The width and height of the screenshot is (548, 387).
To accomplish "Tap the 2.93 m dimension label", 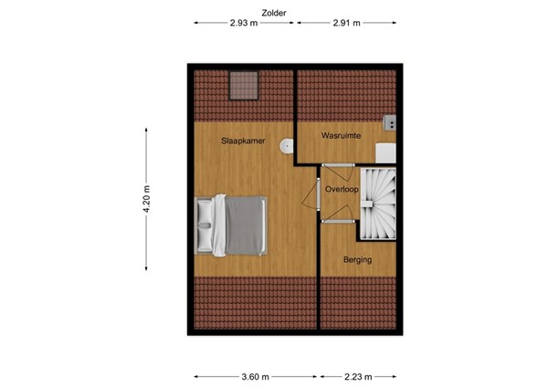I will tap(245, 25).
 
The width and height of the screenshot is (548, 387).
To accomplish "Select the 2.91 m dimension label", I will tap(346, 25).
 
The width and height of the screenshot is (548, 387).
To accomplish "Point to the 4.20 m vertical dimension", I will tap(146, 197).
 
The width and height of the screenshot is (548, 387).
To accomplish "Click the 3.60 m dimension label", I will tap(256, 375).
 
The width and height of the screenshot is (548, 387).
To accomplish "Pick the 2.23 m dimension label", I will tap(358, 375).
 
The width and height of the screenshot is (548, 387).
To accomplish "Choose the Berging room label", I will tap(357, 260).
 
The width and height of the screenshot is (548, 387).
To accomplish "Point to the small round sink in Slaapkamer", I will tap(289, 145).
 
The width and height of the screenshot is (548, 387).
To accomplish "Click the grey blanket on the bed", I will tap(244, 225).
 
